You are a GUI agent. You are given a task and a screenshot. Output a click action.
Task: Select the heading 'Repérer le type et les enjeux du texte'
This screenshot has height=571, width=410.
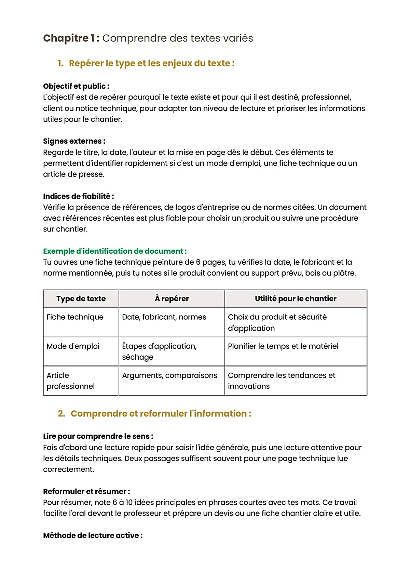click(x=151, y=63)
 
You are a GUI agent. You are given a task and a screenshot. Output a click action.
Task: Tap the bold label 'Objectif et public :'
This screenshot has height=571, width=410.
click(x=76, y=86)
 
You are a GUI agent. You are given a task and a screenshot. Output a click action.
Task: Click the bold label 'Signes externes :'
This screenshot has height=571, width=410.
click(x=74, y=141)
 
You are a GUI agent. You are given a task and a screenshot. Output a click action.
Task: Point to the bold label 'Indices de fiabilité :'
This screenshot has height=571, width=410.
click(x=78, y=196)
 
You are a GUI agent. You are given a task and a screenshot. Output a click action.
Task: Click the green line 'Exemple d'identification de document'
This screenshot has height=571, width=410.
click(x=115, y=251)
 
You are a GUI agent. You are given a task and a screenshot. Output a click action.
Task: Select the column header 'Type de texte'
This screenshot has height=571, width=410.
click(x=81, y=299)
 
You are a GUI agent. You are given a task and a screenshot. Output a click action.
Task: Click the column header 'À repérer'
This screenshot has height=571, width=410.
click(x=172, y=299)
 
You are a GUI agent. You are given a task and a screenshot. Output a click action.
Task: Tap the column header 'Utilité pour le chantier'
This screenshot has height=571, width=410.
click(x=296, y=299)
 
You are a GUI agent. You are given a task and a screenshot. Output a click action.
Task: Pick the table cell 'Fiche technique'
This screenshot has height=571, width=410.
click(x=75, y=317)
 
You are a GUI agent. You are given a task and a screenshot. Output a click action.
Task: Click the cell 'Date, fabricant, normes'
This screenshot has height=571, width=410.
click(x=164, y=317)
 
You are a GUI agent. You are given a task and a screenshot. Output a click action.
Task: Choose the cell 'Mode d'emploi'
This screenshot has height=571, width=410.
click(x=73, y=346)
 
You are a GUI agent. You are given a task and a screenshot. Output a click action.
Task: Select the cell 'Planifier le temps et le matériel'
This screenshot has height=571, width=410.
click(x=283, y=346)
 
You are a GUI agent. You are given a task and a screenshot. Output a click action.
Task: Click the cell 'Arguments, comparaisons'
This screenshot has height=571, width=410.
click(x=169, y=375)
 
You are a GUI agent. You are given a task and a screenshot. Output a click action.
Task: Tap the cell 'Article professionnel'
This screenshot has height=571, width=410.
click(x=70, y=381)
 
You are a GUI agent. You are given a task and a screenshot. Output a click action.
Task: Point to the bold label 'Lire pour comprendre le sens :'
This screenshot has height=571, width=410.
click(x=98, y=436)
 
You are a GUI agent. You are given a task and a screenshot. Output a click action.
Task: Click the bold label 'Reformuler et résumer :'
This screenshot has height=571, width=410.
click(x=86, y=492)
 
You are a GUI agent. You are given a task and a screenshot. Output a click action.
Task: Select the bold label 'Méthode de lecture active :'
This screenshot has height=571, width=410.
click(x=93, y=535)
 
